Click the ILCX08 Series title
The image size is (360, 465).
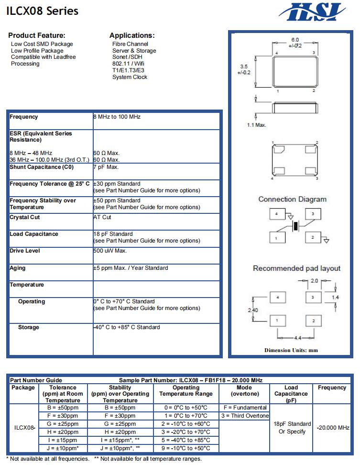pos(43,11)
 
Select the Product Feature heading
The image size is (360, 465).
pos(37,35)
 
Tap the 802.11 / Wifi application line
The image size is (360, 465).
pos(128,64)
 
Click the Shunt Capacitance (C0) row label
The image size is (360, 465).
pos(42,167)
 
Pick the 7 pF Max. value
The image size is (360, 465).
pos(106,167)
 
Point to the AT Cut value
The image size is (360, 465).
pos(102,217)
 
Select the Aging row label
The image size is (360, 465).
pos(18,268)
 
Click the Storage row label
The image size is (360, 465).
pos(29,327)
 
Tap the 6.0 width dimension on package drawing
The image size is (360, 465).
pos(295,40)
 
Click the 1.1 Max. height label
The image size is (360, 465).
pos(256,125)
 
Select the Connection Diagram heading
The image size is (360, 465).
pos(292,199)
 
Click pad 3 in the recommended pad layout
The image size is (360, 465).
pos(313,298)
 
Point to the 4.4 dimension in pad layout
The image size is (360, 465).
pos(297,338)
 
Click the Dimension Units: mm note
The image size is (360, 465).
pos(291,350)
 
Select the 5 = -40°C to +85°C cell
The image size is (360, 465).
pos(186,440)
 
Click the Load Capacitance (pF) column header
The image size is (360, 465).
pos(291,394)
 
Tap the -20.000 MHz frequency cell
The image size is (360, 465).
pos(333,428)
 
